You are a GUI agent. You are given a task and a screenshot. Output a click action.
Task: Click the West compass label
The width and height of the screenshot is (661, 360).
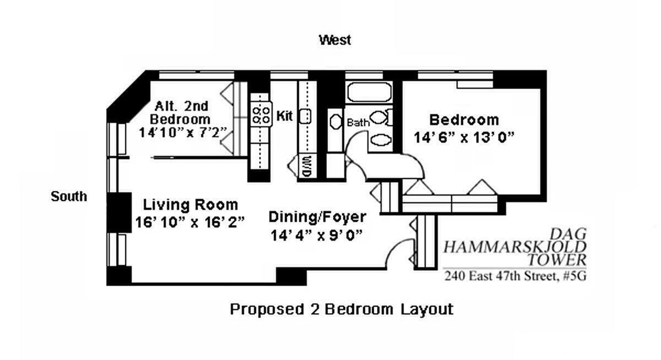335,40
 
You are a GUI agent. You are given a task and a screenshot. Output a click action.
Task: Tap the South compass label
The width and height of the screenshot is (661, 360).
68,197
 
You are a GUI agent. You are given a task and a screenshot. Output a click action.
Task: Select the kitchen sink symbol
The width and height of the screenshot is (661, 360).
306,116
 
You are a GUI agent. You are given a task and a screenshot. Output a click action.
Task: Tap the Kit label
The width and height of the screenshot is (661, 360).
285,117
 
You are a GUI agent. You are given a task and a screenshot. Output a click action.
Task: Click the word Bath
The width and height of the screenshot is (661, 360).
358,122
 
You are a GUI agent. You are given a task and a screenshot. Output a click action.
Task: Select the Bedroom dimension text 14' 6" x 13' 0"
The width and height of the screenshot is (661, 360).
464,138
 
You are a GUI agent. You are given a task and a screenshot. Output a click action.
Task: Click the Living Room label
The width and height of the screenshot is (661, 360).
190,205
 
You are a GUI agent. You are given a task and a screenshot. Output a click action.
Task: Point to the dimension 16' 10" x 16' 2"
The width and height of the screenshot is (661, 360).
190,222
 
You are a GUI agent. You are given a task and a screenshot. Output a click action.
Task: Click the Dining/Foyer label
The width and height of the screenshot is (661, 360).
317,217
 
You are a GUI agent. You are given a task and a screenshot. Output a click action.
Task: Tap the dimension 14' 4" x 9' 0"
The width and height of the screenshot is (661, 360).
317,235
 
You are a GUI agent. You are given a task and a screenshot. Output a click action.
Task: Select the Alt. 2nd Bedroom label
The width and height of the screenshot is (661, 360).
181,113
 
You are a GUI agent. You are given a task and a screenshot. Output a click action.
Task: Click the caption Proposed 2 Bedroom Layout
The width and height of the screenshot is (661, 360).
341,310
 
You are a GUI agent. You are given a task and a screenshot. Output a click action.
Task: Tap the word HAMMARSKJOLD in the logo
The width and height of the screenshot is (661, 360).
515,247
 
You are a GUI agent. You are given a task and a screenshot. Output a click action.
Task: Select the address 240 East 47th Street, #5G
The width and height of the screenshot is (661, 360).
515,276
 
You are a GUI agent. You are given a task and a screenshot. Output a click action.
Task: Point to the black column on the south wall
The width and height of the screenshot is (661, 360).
118,212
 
